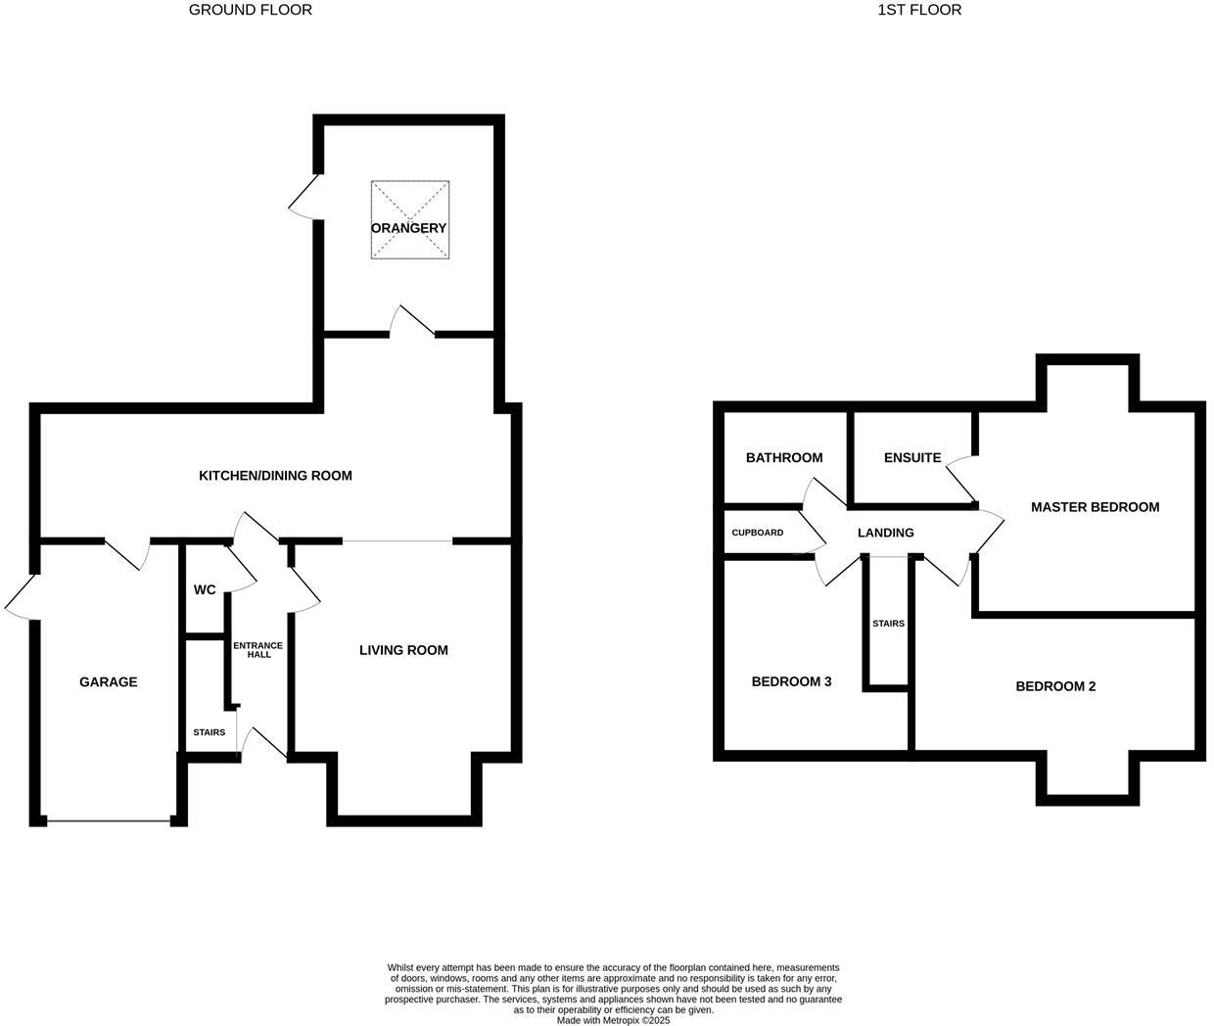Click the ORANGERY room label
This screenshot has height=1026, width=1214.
tap(408, 228)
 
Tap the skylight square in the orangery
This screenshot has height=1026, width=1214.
tap(410, 201)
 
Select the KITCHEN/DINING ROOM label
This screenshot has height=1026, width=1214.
tap(275, 476)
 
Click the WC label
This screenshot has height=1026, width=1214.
tap(205, 590)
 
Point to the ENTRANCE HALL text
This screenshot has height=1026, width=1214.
tap(257, 650)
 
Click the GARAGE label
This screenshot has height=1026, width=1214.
tap(109, 682)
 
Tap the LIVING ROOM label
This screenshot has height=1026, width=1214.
tap(403, 650)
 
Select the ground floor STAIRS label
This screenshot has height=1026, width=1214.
tap(209, 732)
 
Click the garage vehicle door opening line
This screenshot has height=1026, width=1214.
tap(109, 821)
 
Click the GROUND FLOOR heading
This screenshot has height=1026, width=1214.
tap(251, 10)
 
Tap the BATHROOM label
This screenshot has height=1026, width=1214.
tap(784, 458)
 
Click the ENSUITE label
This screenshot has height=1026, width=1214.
tap(912, 458)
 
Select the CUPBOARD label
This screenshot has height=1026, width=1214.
tap(758, 533)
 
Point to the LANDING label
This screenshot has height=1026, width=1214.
tap(885, 533)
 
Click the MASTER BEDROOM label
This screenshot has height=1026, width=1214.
tap(1095, 507)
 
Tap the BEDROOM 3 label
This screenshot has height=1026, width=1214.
tap(791, 681)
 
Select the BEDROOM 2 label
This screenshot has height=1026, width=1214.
tap(1055, 686)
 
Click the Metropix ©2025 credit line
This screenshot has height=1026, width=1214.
tap(614, 1020)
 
